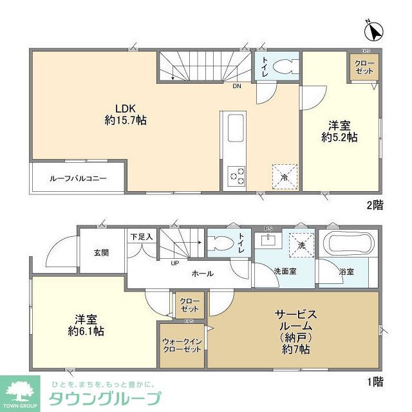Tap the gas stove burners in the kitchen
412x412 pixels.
coord(236,174)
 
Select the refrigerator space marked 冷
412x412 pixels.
coord(284,176)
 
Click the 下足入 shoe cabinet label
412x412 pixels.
coord(141,236)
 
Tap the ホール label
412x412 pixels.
coord(202,274)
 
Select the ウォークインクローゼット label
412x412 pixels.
coord(182,344)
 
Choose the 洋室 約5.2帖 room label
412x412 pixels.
coord(340,130)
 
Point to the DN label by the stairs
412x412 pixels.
coord(237,87)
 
